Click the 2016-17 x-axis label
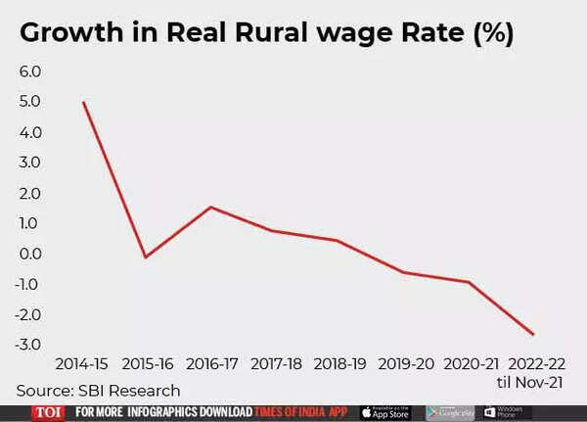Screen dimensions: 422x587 point(212,362)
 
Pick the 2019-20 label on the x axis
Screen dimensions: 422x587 point(404,362)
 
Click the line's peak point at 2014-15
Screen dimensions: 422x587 point(84,102)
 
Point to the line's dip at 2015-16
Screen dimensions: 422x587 point(147,258)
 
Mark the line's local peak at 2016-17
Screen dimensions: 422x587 point(211,207)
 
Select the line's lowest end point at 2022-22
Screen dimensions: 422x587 point(533,335)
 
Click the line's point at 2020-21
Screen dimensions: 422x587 point(469,282)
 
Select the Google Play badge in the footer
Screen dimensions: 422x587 point(450,412)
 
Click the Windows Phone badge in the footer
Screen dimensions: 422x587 point(507,412)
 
